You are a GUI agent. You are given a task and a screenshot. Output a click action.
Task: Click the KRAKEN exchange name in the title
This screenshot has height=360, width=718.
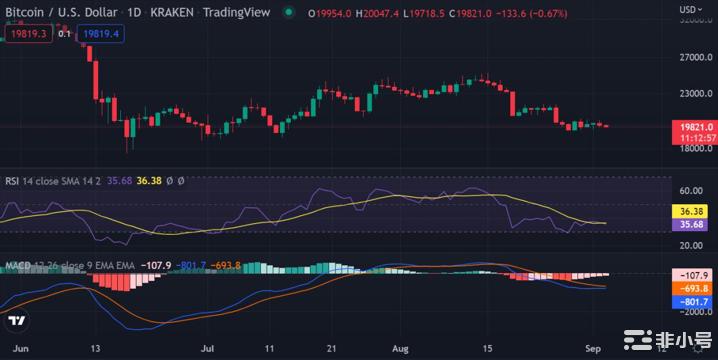click(x=178, y=12)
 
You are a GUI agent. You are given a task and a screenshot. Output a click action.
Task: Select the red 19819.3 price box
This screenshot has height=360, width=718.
click(x=29, y=33)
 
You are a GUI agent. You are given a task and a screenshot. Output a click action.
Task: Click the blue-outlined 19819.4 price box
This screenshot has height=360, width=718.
click(x=104, y=33)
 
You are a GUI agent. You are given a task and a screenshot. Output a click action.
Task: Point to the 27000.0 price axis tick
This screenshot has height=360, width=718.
click(x=693, y=57)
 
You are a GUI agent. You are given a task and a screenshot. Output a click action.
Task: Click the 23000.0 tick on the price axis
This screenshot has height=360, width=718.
click(x=693, y=94)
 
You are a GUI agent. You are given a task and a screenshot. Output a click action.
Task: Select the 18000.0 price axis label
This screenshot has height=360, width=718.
click(x=693, y=149)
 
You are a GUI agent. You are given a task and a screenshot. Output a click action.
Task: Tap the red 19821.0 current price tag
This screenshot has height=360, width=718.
click(x=692, y=129)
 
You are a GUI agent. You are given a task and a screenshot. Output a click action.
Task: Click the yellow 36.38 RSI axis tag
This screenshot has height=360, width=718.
click(x=692, y=212)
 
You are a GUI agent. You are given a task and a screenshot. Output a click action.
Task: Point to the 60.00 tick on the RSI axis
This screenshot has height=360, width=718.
click(x=691, y=190)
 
